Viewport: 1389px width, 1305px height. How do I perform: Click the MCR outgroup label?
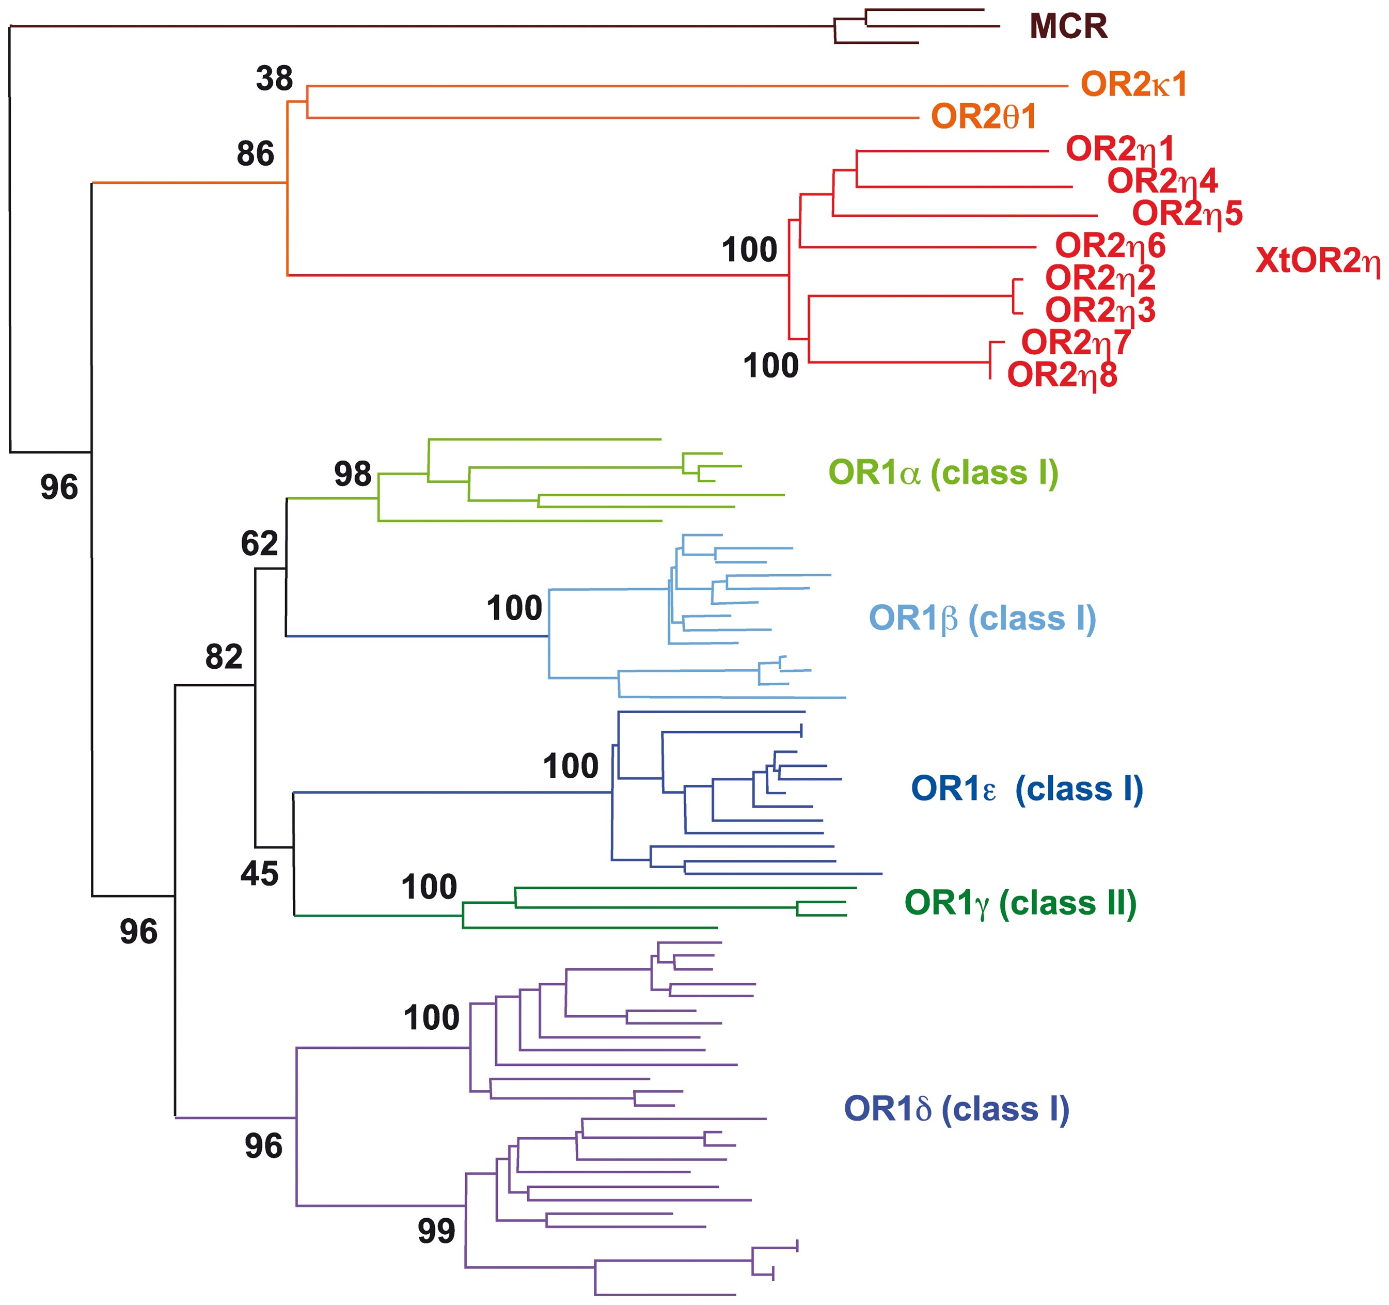1068,26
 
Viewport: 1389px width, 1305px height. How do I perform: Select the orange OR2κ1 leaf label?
1133,85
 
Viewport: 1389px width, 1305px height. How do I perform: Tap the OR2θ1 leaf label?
984,117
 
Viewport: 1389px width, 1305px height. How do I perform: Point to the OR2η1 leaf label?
1120,149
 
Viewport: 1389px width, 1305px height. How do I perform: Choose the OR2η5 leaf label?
1187,213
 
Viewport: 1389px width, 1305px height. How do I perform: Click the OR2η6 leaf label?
1110,245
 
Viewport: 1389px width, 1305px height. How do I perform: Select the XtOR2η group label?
1318,261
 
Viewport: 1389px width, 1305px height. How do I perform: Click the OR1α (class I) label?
943,473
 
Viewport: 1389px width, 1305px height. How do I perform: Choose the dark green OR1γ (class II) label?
1020,903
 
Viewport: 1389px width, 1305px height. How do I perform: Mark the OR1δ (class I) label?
956,1109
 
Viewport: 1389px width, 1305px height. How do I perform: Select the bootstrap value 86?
255,154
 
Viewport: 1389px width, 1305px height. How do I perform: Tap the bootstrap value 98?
352,475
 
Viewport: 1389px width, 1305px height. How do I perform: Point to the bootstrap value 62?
259,543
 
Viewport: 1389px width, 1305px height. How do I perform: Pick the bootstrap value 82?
224,657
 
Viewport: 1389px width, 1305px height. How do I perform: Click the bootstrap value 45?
259,873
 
